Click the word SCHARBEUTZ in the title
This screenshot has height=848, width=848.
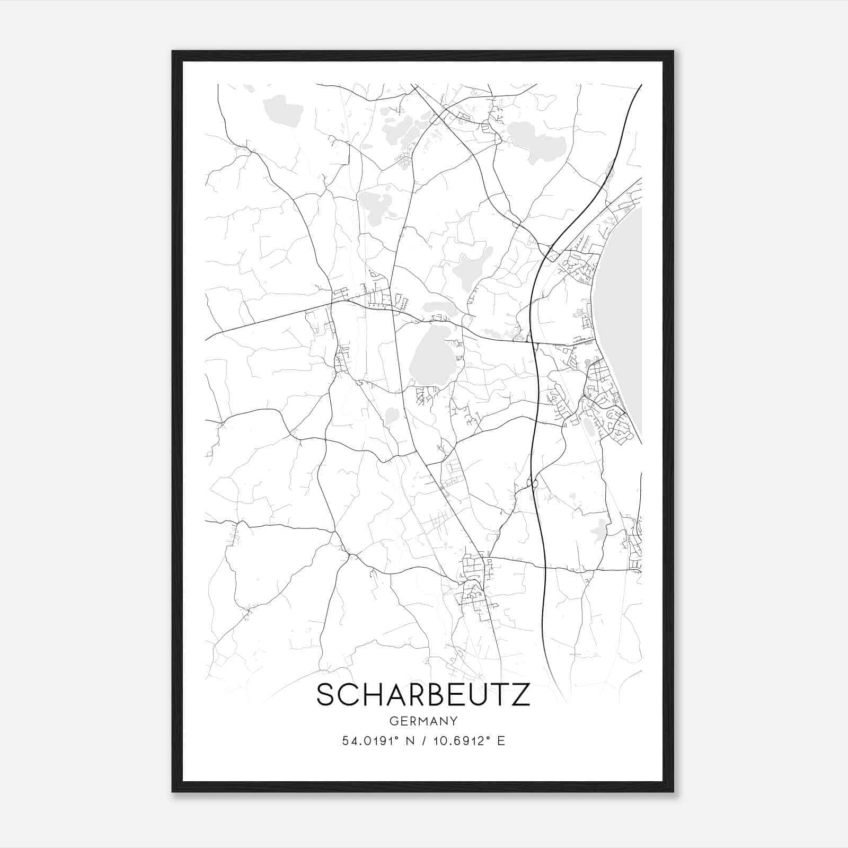point(423,695)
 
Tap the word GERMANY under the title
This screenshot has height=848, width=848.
point(423,721)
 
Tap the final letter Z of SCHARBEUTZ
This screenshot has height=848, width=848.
point(520,695)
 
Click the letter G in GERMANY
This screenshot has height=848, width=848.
point(393,721)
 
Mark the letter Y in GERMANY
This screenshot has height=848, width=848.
point(454,721)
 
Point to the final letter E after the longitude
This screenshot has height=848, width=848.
point(501,740)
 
